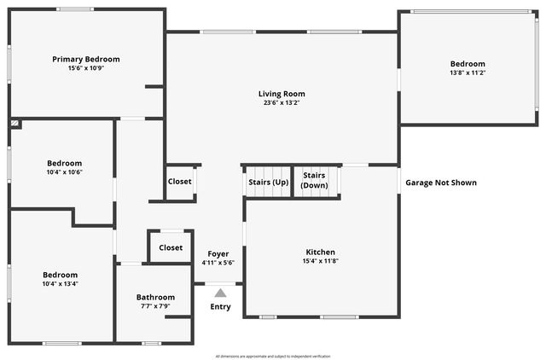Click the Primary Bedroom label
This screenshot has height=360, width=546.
click(85, 59)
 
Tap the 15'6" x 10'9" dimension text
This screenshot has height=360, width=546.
click(85, 68)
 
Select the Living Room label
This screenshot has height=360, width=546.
click(282, 94)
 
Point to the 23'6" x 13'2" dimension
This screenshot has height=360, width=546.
click(282, 103)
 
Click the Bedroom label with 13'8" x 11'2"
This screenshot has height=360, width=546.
click(468, 64)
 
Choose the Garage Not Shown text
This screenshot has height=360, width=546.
click(440, 183)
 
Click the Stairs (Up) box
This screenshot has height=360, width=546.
click(268, 183)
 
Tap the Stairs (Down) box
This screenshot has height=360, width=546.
click(315, 181)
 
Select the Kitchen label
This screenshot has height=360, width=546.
click(320, 252)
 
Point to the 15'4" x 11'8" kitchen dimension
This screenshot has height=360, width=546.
click(320, 261)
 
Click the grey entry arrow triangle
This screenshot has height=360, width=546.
click(220, 293)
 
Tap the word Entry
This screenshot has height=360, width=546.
click(220, 307)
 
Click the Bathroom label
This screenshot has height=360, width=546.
click(155, 297)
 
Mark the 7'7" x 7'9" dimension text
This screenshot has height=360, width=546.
click(155, 306)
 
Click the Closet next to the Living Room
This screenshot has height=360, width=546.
click(179, 182)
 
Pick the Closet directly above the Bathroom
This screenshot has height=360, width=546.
click(170, 247)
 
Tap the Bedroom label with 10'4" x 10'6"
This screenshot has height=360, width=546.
click(64, 163)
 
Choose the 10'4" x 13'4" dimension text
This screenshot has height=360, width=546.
click(61, 284)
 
